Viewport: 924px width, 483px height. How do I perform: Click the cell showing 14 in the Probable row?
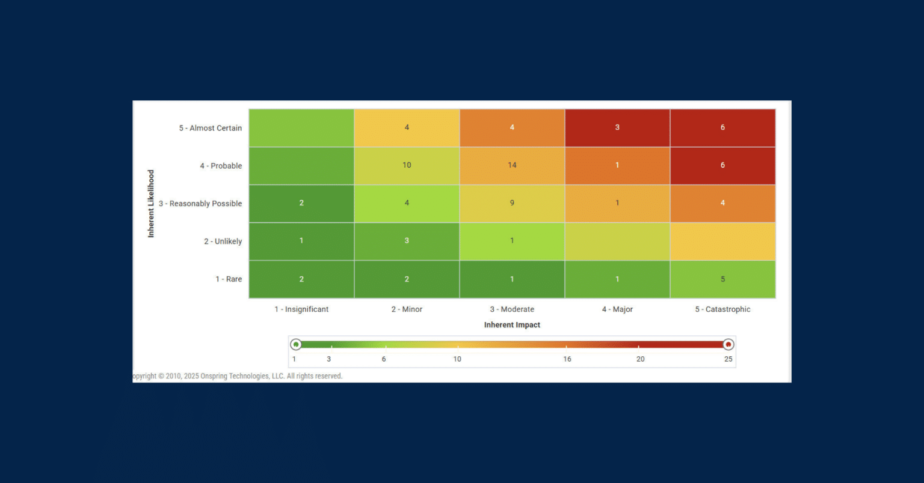(512, 165)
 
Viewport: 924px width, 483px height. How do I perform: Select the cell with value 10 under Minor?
(407, 165)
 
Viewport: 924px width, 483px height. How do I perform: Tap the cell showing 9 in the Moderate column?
(512, 203)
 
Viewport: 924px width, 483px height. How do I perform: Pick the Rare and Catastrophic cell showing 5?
(722, 279)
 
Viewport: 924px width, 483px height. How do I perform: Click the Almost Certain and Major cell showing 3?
(617, 127)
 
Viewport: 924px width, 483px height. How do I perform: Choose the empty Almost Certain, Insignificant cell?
(301, 127)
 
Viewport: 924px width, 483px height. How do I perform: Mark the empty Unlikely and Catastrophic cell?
(722, 241)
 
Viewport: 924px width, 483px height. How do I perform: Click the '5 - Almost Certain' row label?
(210, 128)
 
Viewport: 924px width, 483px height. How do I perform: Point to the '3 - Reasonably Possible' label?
(200, 204)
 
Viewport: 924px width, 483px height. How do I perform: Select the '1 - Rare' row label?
(229, 279)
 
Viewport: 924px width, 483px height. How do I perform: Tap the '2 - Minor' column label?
(407, 309)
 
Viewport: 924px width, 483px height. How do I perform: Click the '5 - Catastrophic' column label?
(722, 309)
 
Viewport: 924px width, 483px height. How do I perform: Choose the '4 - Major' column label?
(617, 309)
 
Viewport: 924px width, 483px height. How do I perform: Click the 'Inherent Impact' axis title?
(512, 325)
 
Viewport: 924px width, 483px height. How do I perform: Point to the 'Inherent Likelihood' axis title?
(151, 204)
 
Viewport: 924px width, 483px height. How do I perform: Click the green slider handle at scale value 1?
(295, 344)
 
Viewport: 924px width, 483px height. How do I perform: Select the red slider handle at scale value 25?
(728, 344)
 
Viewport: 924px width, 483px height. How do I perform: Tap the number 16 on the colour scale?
(567, 359)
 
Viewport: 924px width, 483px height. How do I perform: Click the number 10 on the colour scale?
(457, 359)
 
